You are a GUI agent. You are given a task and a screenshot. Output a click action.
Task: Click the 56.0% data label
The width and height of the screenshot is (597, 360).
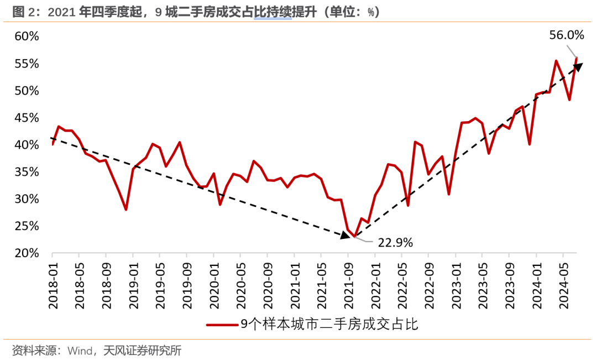coord(566,35)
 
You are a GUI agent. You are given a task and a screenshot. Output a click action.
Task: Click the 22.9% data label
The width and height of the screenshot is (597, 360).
coord(395,242)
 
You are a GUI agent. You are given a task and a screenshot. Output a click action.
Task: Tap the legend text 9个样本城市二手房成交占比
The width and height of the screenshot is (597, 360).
coord(329,325)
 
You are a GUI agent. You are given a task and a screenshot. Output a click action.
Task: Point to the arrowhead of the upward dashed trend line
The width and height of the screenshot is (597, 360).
coord(578,67)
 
